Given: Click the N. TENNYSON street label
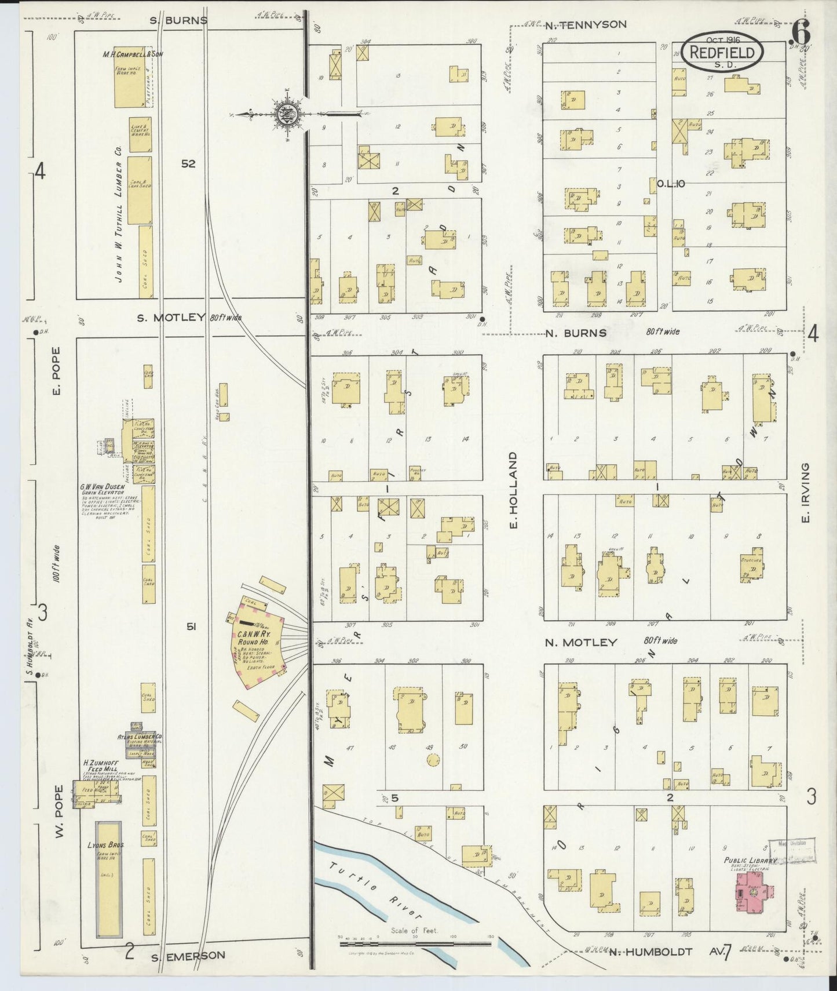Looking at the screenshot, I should (586, 24).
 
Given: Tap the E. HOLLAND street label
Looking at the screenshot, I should (512, 491).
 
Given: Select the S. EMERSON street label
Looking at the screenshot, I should (188, 955).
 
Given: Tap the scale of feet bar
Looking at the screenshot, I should (415, 943).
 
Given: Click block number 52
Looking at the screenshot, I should (188, 164).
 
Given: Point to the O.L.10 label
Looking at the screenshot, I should (671, 184).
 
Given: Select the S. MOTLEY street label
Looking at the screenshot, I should (171, 317).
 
